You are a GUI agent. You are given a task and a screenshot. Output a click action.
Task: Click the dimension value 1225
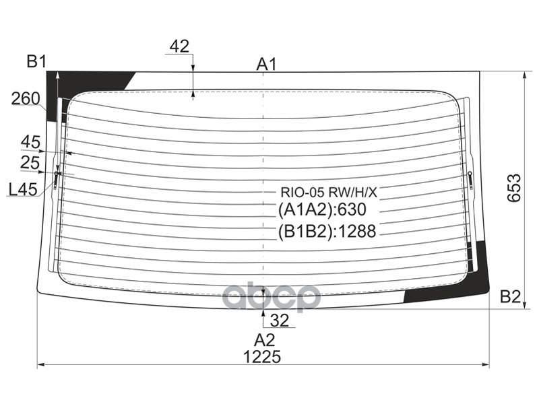(262, 356)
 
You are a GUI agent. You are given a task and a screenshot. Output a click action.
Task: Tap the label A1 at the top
(267, 65)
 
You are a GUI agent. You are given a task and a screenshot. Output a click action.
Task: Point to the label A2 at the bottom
(264, 339)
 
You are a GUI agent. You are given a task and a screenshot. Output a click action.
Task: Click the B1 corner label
(36, 63)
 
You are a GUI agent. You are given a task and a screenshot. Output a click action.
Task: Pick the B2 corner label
(510, 296)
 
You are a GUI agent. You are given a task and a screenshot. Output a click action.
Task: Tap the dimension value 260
(25, 99)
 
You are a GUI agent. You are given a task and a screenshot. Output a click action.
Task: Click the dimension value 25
(30, 162)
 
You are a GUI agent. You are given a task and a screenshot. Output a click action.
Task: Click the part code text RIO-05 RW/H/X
(329, 193)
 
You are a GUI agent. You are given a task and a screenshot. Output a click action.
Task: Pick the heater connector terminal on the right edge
(470, 180)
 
